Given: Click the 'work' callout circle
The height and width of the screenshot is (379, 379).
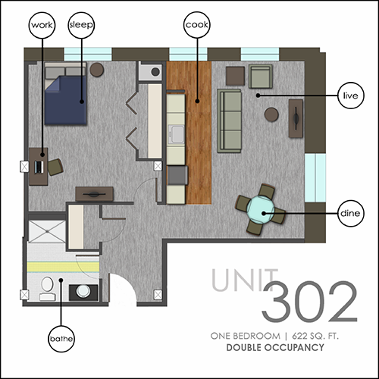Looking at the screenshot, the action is tap(42, 25).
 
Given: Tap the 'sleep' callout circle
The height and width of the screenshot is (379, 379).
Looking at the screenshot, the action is tap(81, 25).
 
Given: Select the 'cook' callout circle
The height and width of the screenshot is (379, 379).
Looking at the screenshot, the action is tap(197, 25).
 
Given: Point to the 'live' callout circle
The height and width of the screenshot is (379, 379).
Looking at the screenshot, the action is tap(351, 96).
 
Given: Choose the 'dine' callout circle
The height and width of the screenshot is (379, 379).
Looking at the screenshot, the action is tap(351, 213).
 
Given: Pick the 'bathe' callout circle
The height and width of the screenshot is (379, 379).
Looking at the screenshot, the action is tap(61, 339).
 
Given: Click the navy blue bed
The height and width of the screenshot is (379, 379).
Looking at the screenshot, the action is tap(66, 93).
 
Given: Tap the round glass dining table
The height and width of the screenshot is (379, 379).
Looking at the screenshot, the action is tap(261, 210).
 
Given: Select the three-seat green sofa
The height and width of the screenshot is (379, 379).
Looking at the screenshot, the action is tap(230, 121).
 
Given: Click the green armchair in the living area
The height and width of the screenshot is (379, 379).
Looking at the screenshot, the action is tap(261, 77).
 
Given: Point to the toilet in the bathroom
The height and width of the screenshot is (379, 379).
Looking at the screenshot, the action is tap(47, 289).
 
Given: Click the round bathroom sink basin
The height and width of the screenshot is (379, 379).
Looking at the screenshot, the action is tap(83, 291).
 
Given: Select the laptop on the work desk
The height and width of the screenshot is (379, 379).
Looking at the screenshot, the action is tap(39, 167).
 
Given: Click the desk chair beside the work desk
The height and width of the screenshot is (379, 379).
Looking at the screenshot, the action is tap(55, 167).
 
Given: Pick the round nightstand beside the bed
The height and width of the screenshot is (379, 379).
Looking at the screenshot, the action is tap(97, 70).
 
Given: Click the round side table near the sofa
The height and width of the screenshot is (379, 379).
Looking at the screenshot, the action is tap(271, 114).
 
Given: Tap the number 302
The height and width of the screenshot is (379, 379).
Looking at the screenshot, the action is tap(309, 302).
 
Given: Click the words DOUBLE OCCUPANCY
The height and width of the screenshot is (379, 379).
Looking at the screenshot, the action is tap(275, 348).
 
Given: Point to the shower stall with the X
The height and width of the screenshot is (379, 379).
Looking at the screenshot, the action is tap(47, 231).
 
